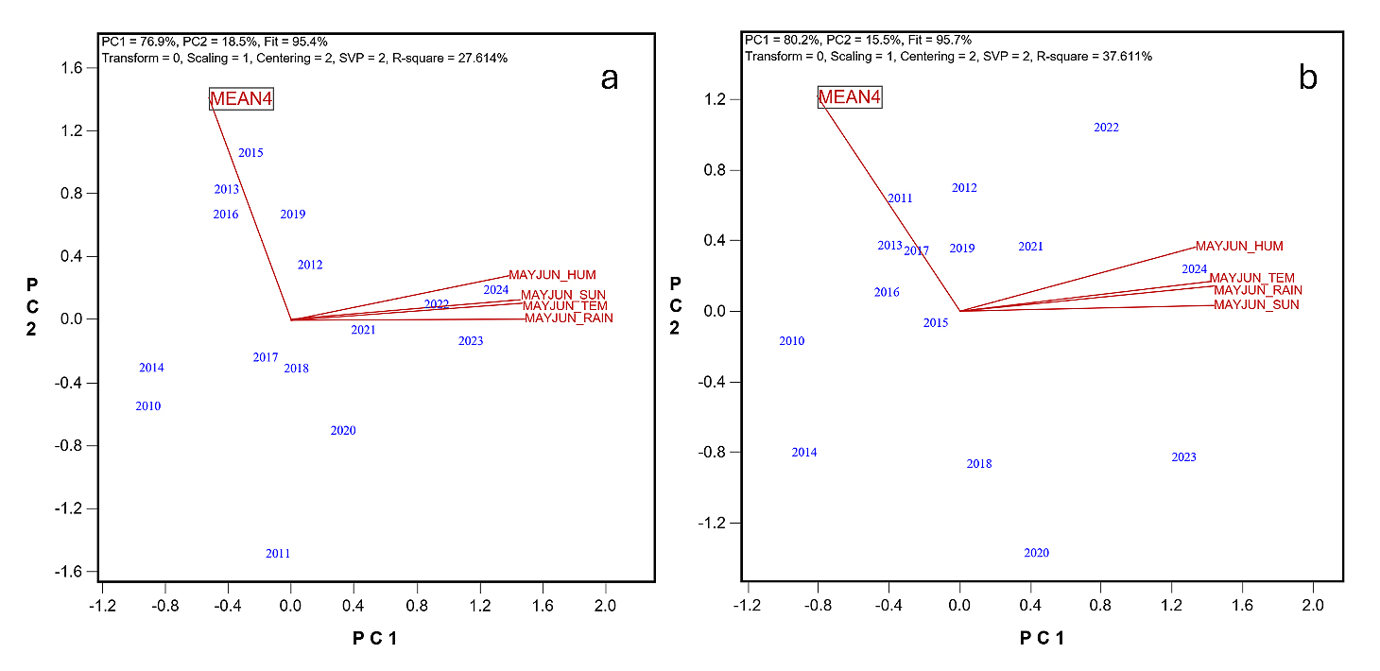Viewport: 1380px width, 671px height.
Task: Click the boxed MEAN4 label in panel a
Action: point(241,99)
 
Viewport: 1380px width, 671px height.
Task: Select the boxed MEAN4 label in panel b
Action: point(850,96)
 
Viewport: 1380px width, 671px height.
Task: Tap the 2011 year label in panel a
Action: point(278,554)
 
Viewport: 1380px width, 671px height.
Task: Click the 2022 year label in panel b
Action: point(1106,128)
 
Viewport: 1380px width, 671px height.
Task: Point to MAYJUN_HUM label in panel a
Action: point(552,275)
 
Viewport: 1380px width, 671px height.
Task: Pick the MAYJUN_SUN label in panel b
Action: point(1256,305)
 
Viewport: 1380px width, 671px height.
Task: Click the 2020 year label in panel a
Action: point(343,431)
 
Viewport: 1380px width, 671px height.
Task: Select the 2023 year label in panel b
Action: point(1183,457)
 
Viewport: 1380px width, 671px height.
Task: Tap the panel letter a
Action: point(610,78)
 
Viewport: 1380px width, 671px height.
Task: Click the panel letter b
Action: point(1308,77)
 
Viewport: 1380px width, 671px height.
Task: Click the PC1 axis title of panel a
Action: point(374,638)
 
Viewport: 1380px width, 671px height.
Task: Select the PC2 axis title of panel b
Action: point(675,304)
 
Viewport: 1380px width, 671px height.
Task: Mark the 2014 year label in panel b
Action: point(804,453)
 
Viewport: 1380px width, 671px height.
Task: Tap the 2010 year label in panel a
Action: point(147,406)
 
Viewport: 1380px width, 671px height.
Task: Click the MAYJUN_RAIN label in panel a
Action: point(568,318)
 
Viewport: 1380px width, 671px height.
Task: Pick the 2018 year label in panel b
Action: point(979,464)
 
